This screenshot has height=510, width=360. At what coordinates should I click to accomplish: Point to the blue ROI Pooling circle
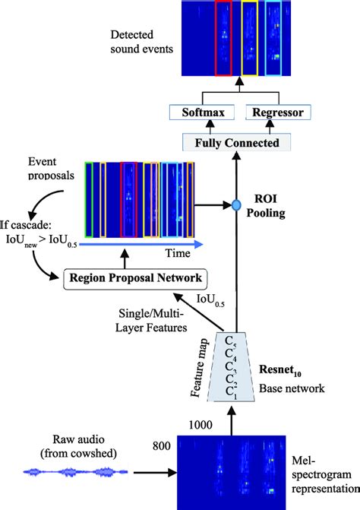click(236, 204)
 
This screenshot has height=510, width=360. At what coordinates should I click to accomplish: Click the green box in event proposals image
click(90, 195)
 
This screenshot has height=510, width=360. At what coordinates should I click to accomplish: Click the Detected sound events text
click(144, 42)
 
